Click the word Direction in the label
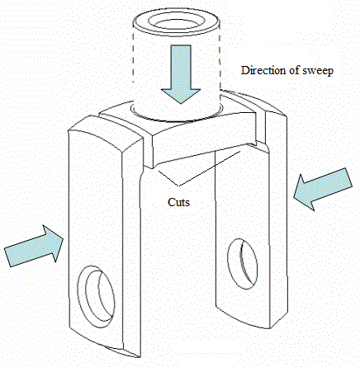point(263,70)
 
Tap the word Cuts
point(178,202)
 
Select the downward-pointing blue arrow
point(181,74)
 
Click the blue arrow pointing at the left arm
point(34,246)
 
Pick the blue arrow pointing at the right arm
point(323,190)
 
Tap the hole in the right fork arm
point(242,264)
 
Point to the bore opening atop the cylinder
point(176,22)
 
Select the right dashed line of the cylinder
point(220,60)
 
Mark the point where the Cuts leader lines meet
point(179,186)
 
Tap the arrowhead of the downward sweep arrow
point(181,96)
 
